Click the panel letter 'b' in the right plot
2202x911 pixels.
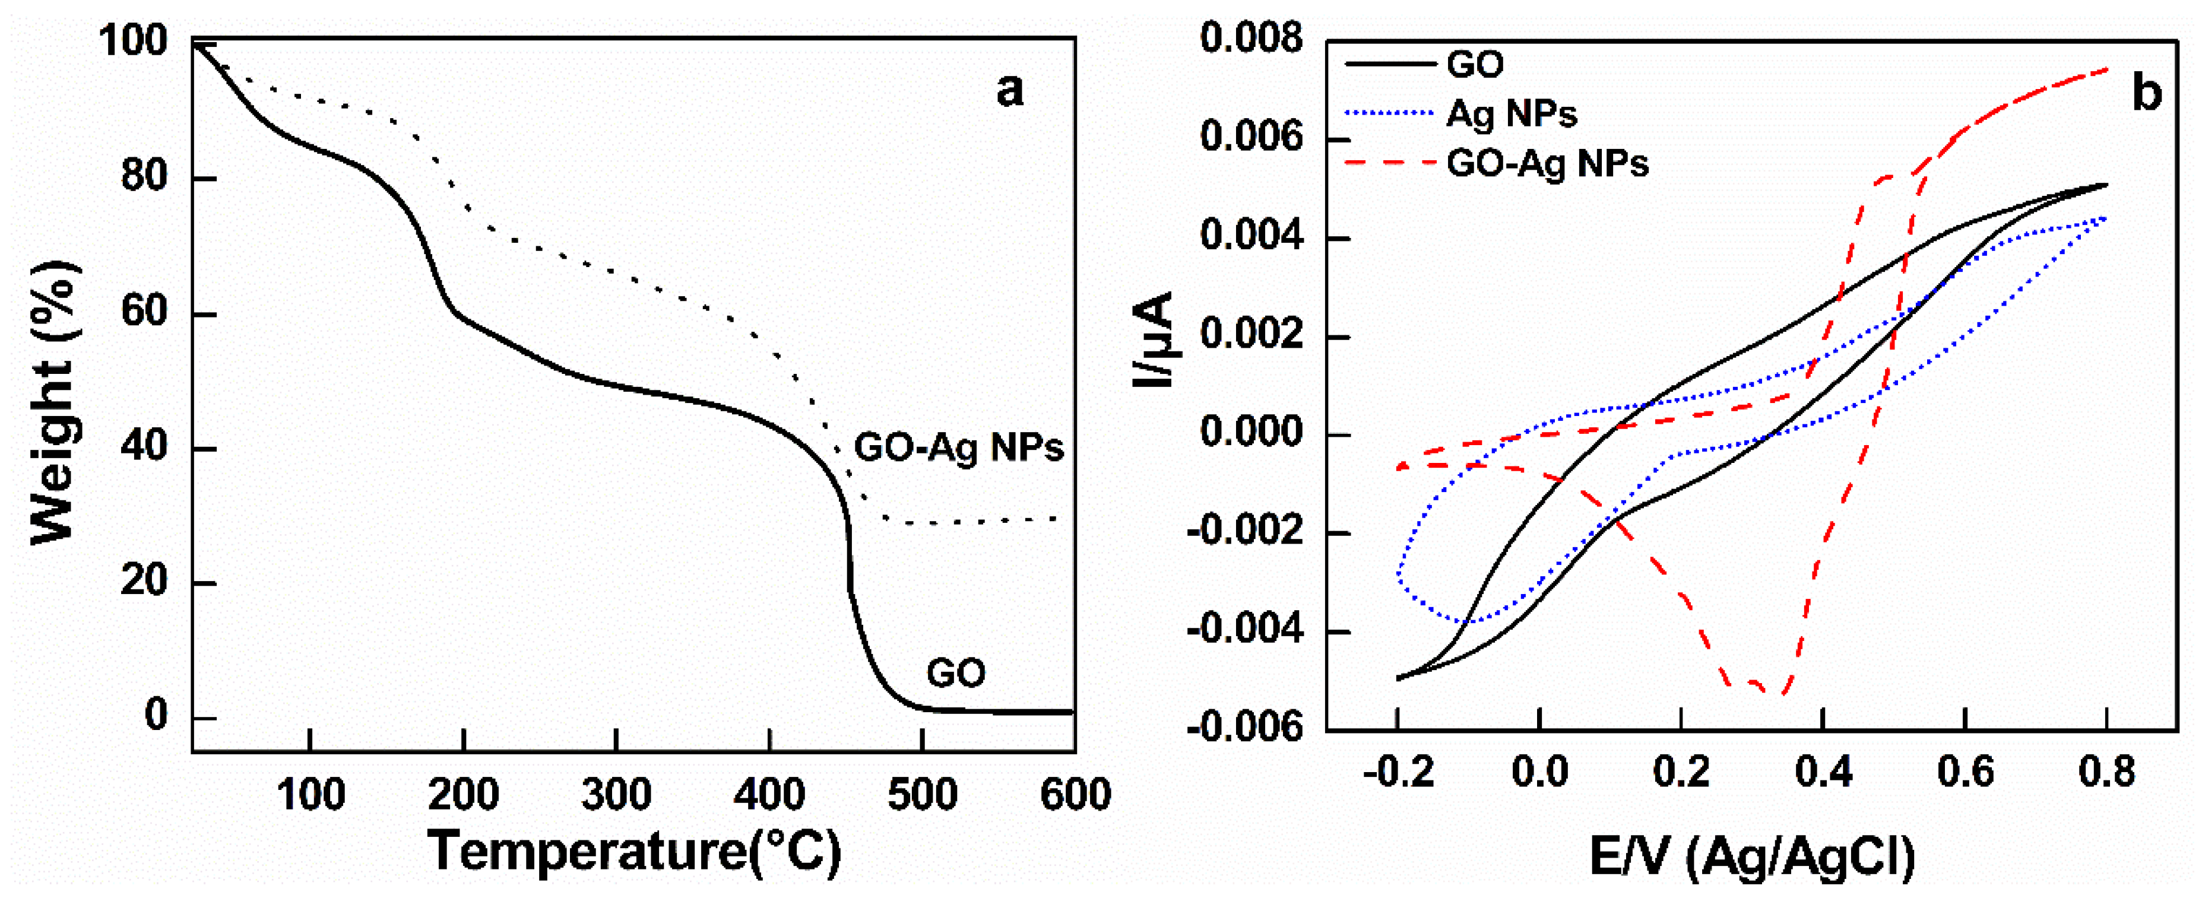tap(2146, 93)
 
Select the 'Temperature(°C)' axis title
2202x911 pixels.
tap(634, 851)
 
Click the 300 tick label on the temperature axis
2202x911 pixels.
tap(616, 795)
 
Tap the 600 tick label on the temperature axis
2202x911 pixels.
tap(1075, 795)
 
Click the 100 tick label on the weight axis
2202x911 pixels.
tap(134, 41)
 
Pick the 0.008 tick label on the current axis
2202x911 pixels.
tap(1252, 39)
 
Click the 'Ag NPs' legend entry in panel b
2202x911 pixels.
tap(1510, 114)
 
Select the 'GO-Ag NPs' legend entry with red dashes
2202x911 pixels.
tap(1547, 163)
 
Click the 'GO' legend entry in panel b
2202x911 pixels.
tap(1475, 65)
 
